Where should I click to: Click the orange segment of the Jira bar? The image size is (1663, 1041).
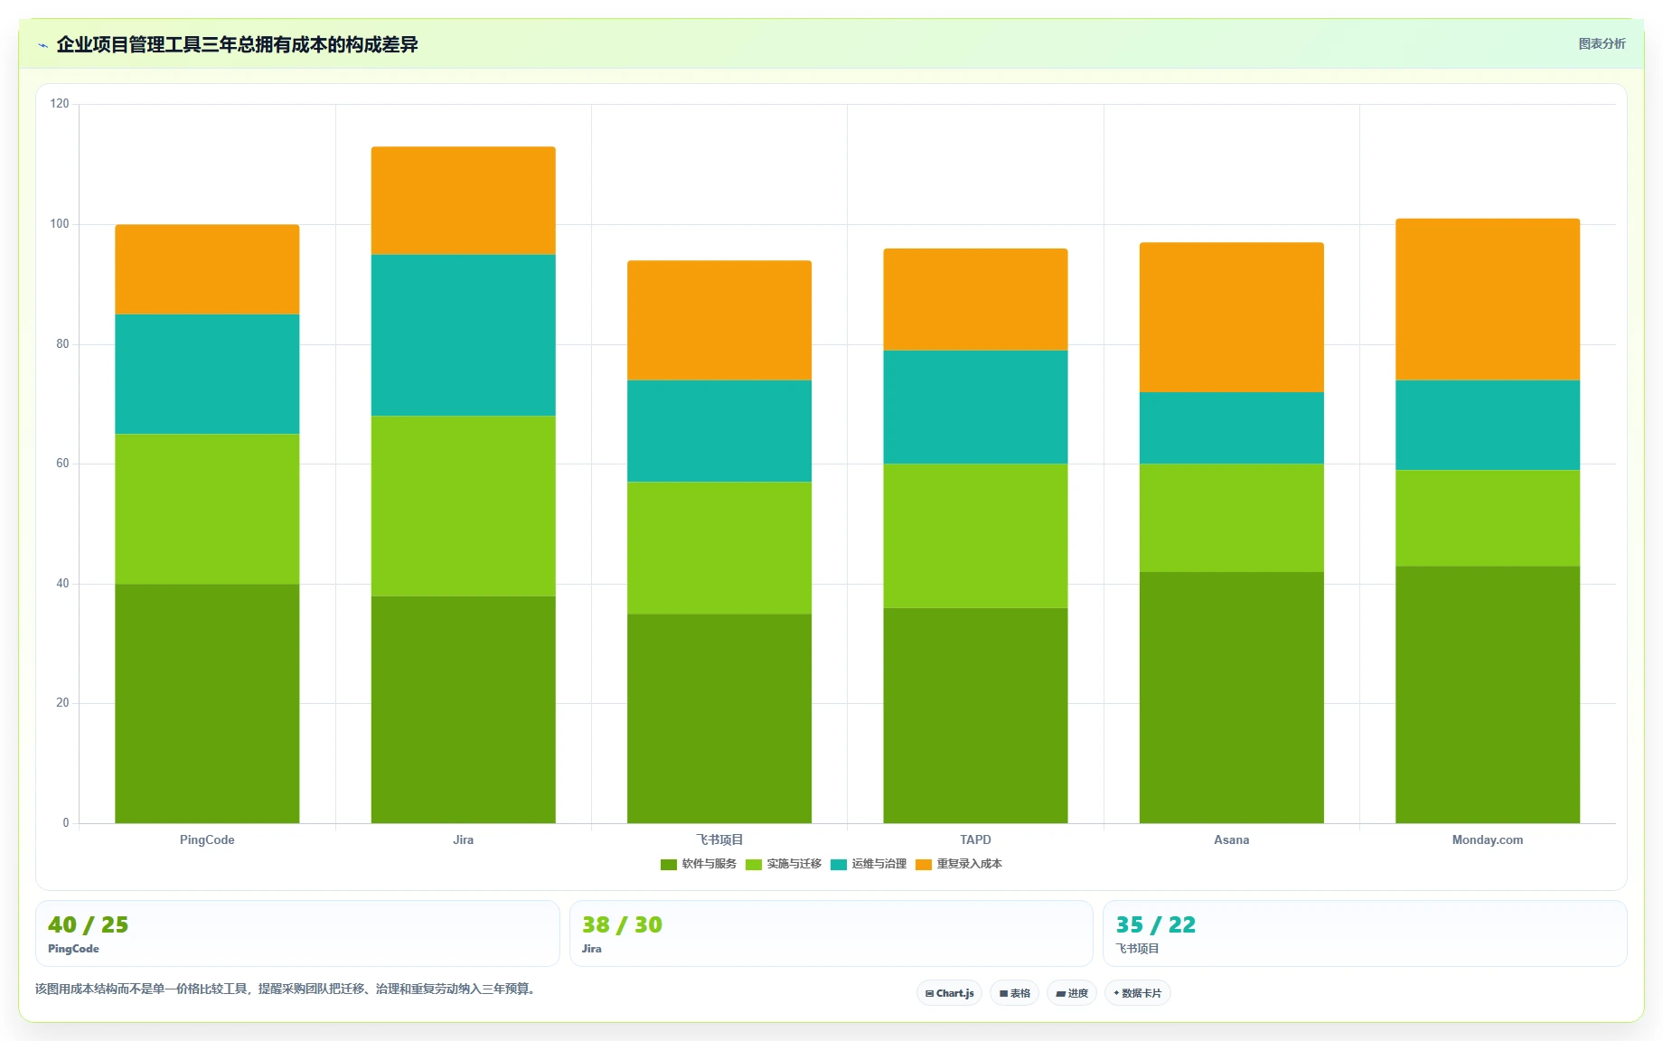463,201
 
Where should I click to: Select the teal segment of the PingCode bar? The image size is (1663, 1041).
207,374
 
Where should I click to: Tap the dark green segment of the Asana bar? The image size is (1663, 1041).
1231,698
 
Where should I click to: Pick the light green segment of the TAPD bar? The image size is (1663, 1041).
975,536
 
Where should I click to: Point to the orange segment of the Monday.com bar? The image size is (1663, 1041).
1488,299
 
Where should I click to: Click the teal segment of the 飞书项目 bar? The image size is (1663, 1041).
719,431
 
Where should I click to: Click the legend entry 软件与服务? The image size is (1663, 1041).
699,864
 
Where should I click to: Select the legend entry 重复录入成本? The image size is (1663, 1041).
959,864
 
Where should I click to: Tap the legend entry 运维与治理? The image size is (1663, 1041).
869,864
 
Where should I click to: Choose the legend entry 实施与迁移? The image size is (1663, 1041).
784,864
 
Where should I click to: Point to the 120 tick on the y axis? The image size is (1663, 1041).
60,104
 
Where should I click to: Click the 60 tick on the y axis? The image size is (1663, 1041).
62,464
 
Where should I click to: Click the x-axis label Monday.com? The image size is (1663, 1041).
1488,839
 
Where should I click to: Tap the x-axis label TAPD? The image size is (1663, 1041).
975,839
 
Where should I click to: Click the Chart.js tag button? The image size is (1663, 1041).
949,993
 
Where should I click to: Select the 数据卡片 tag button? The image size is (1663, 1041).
1137,993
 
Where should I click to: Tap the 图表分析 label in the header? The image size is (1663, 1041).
1602,43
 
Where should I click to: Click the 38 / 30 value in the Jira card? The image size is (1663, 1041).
622,924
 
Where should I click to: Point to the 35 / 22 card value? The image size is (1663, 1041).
1156,924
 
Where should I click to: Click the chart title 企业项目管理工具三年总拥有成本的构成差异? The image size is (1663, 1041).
237,44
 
